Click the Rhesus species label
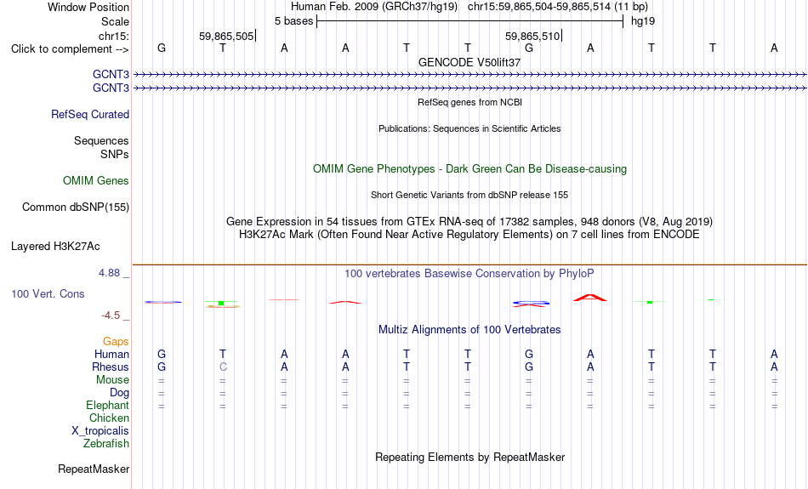[x=111, y=367]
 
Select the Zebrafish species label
[x=106, y=443]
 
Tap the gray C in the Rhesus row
[x=223, y=367]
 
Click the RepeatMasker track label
[x=94, y=469]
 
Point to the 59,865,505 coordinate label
[x=226, y=36]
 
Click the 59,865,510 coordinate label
[x=532, y=36]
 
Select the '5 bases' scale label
[x=293, y=21]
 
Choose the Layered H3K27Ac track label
[x=55, y=247]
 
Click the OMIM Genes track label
[x=96, y=180]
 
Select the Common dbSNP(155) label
[x=76, y=208]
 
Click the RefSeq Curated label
[x=90, y=115]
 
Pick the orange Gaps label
[x=116, y=341]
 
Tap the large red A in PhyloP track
[x=590, y=298]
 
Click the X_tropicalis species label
[x=100, y=431]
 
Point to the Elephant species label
[x=108, y=405]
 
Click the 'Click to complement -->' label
[x=70, y=49]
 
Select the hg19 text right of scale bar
[x=643, y=21]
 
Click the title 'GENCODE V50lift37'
[x=469, y=62]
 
